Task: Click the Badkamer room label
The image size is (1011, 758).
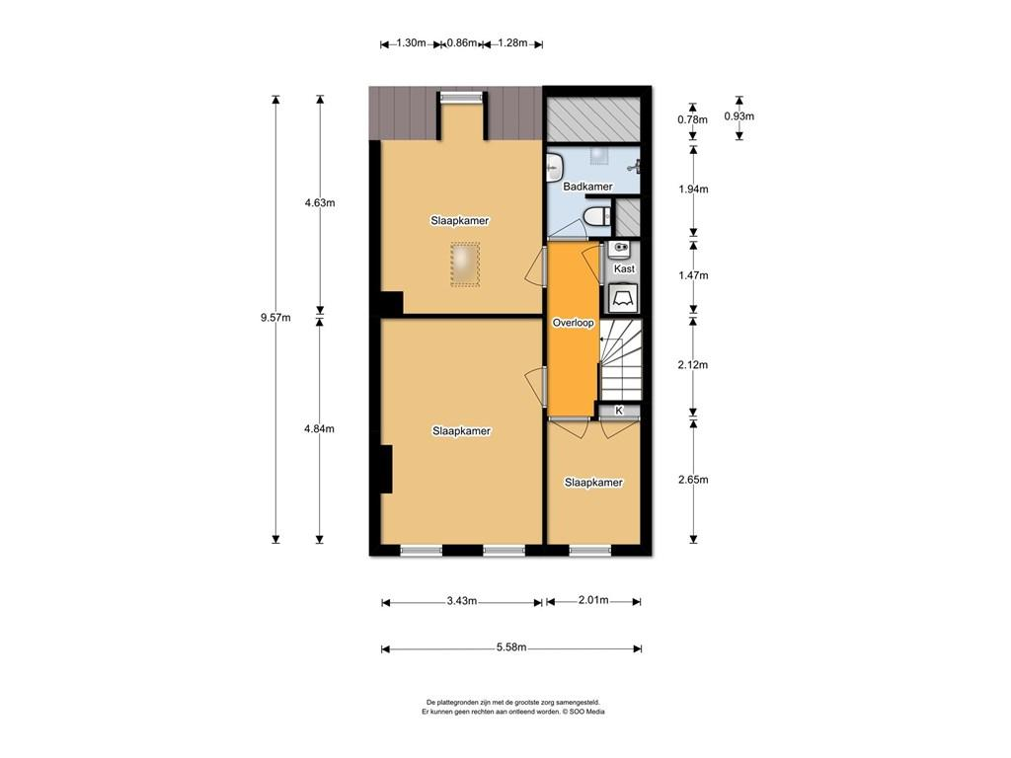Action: point(587,187)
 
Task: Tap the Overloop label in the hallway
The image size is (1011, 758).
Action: point(574,323)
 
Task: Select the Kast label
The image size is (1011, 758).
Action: point(624,268)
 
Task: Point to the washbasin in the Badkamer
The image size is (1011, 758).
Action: point(555,169)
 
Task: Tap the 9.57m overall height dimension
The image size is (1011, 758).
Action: point(275,317)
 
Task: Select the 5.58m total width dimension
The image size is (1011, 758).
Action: point(511,647)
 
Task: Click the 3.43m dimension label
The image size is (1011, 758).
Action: point(462,601)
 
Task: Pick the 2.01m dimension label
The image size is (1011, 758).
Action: point(593,601)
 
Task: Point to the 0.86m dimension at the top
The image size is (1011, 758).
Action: point(462,43)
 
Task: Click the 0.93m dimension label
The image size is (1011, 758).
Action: point(739,116)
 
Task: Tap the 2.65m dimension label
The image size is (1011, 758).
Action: point(693,480)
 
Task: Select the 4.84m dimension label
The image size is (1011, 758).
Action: point(319,428)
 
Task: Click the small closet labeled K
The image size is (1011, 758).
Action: point(619,411)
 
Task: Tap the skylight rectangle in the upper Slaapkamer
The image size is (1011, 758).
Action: point(465,265)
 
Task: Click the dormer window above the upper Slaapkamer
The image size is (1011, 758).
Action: point(461,98)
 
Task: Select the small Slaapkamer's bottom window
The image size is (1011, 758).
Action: point(590,550)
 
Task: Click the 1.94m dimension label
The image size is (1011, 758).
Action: point(693,189)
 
